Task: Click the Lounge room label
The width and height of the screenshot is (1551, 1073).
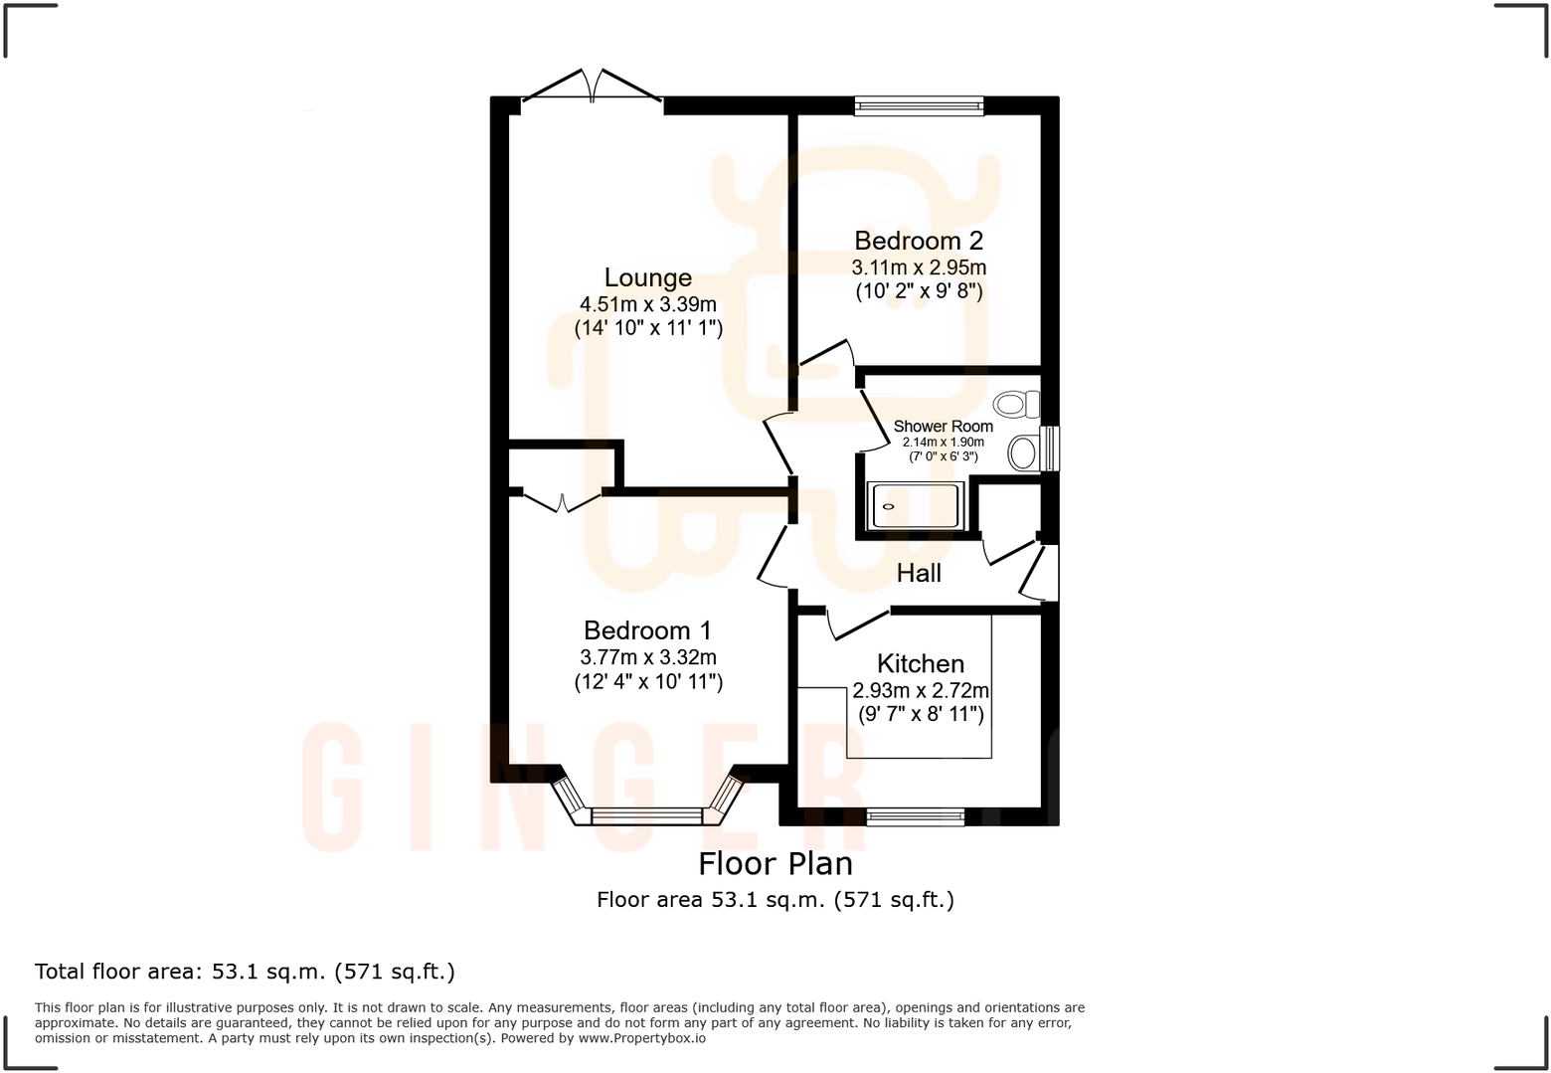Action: (x=648, y=278)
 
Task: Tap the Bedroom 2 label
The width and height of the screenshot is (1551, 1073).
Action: (x=919, y=241)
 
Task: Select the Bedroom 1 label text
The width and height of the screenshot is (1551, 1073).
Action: (x=647, y=630)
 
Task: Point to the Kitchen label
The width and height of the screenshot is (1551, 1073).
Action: (x=921, y=664)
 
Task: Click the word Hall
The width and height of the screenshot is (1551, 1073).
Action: (x=919, y=573)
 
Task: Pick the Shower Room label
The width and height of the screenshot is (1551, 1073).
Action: (x=943, y=427)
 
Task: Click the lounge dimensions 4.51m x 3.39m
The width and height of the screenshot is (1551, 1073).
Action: (x=648, y=304)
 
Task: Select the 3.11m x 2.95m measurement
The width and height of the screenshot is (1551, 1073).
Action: (x=919, y=268)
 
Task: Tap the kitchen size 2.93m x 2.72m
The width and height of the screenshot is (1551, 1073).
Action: (x=921, y=690)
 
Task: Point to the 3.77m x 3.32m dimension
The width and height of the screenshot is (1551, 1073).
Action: (x=648, y=657)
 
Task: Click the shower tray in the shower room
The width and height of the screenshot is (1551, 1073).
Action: (x=915, y=506)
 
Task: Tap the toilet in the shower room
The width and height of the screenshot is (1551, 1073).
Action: (x=1017, y=404)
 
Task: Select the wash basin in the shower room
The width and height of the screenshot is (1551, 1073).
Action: (x=1023, y=453)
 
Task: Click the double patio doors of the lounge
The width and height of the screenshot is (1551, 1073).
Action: (x=593, y=88)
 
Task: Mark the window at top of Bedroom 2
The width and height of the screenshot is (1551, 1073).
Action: (x=919, y=104)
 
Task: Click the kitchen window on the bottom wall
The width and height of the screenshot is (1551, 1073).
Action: (x=915, y=817)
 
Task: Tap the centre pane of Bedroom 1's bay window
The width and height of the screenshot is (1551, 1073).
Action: (x=647, y=816)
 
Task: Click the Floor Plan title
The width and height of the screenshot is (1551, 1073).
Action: (x=775, y=863)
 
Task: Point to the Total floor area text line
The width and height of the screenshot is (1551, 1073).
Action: (x=245, y=972)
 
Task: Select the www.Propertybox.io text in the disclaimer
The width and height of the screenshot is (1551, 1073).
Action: (x=642, y=1038)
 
